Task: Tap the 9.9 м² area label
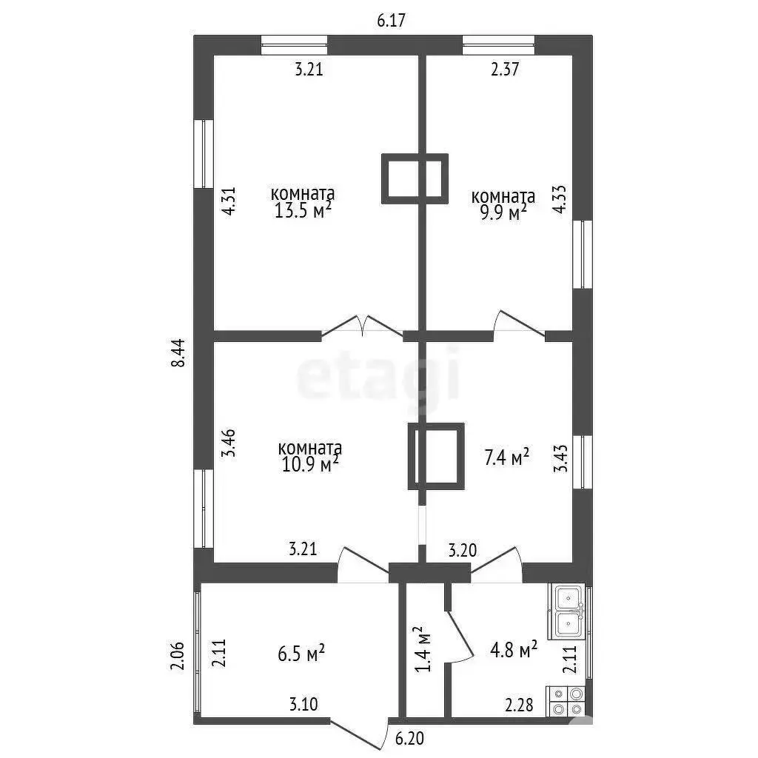[503, 212]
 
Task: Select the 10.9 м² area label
[310, 464]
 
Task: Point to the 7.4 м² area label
[506, 457]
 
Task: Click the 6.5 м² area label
[301, 653]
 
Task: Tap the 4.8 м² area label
[514, 649]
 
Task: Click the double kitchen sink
[569, 611]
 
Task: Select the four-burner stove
[566, 702]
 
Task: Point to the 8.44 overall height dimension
[178, 353]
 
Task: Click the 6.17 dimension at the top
[391, 20]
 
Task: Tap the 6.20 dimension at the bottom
[409, 738]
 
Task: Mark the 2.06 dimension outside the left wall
[178, 656]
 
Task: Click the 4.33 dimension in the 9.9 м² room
[560, 200]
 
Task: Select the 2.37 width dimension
[505, 69]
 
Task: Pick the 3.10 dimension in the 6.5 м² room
[303, 704]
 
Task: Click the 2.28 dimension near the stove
[519, 705]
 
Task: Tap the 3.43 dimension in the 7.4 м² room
[560, 457]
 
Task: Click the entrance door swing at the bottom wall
[360, 733]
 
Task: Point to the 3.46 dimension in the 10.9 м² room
[228, 443]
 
